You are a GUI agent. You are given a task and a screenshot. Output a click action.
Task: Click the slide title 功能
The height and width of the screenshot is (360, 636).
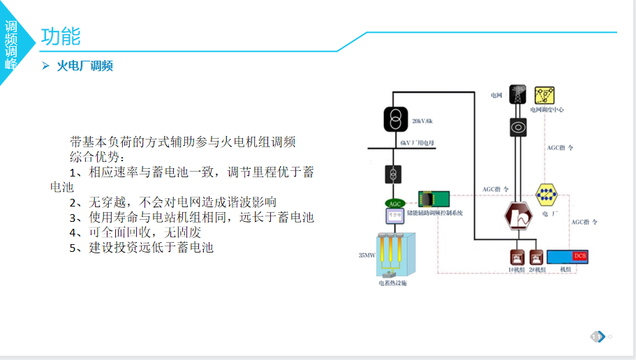tap(61, 36)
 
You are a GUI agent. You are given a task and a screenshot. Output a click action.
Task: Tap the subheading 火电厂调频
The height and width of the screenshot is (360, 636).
tap(85, 66)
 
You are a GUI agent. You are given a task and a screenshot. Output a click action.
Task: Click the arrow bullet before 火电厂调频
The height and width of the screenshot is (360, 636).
tap(45, 66)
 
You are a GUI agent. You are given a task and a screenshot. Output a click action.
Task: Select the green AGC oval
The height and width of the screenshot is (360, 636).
tap(395, 203)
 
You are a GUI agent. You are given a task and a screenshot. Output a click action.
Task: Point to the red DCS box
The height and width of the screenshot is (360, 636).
tap(579, 256)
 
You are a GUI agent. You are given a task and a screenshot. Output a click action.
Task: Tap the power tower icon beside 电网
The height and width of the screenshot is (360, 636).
tap(518, 95)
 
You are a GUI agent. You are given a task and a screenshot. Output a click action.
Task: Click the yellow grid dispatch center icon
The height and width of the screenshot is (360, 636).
tap(545, 96)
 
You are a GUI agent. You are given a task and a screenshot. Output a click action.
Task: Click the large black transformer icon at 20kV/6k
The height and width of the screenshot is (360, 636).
tap(395, 119)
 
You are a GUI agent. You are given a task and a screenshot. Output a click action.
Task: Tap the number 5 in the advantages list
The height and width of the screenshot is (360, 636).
tap(73, 248)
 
